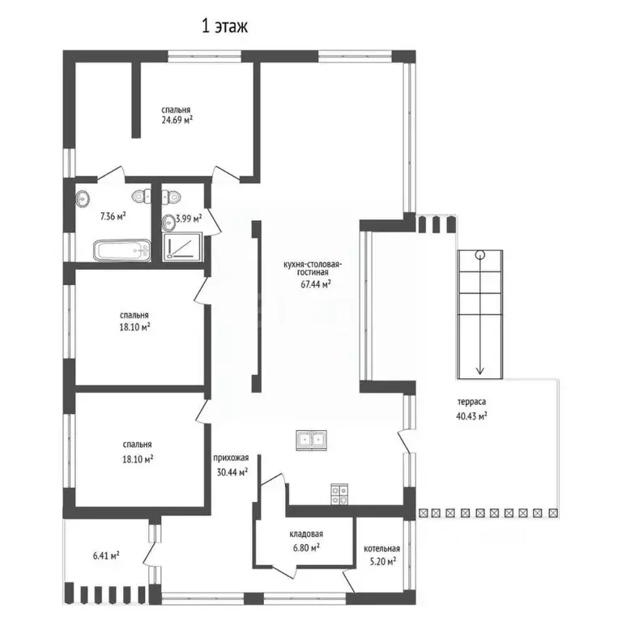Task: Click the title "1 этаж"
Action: (225, 26)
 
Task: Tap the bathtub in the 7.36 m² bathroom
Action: (122, 250)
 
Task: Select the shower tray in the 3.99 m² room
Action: (182, 246)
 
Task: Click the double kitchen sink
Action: (311, 441)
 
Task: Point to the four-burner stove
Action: (339, 495)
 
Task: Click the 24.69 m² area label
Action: (177, 120)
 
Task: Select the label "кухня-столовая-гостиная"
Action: (312, 268)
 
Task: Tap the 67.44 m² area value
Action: (316, 284)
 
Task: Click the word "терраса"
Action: (471, 402)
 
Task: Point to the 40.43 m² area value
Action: (471, 416)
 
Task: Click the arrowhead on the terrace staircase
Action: (480, 370)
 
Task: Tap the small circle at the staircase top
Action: (480, 254)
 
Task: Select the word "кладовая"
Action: (306, 535)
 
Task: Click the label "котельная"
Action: (382, 548)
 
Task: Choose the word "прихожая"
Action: (231, 458)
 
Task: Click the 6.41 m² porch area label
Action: (106, 556)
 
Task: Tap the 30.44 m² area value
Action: (232, 472)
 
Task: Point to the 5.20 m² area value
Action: (382, 562)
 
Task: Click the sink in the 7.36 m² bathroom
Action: (82, 198)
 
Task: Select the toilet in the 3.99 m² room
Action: (172, 195)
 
